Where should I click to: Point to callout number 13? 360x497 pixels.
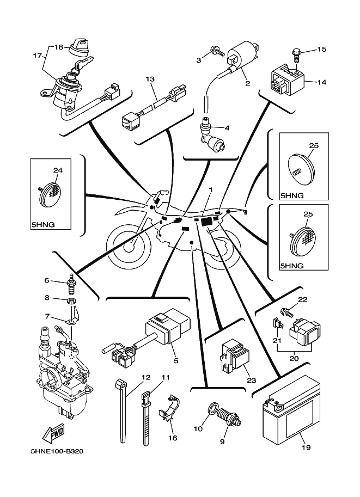150,79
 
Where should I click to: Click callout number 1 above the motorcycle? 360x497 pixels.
210,190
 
